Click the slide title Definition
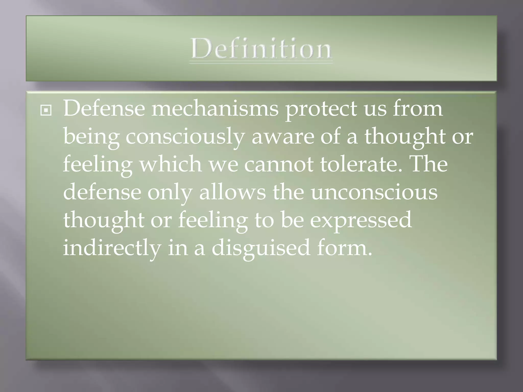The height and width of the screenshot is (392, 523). [x=261, y=48]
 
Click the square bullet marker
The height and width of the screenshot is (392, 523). [x=46, y=111]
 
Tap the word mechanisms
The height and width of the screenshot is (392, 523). [x=215, y=108]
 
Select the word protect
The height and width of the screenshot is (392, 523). [x=321, y=108]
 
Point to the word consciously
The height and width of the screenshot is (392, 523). [x=185, y=137]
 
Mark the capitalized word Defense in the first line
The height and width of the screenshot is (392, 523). [x=104, y=108]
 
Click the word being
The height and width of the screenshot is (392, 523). [x=91, y=137]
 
